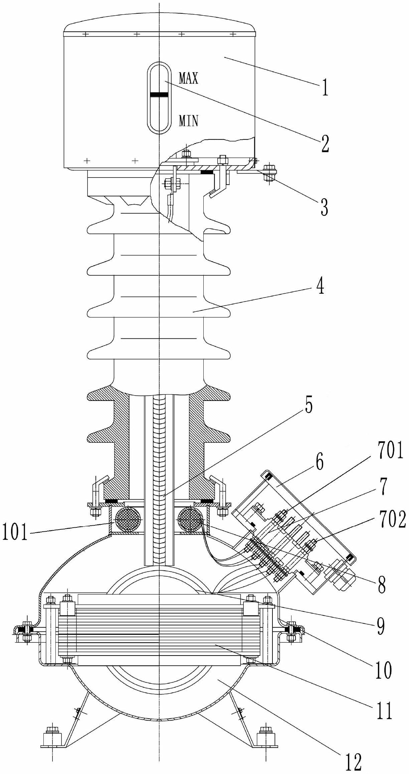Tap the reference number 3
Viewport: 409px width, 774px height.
coord(324,207)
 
